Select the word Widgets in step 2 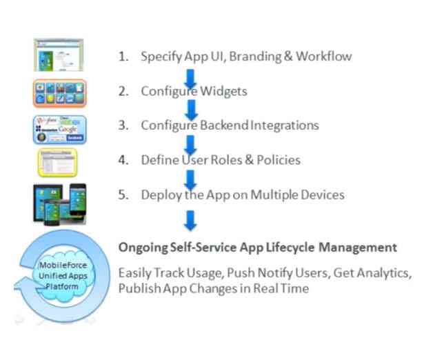coord(223,91)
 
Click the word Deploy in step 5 coord(160,195)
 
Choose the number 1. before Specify coord(123,57)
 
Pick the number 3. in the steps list coord(123,126)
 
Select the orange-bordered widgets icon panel coord(59,93)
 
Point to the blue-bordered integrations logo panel coord(59,129)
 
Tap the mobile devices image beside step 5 coord(59,203)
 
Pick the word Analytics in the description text coord(385,272)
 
